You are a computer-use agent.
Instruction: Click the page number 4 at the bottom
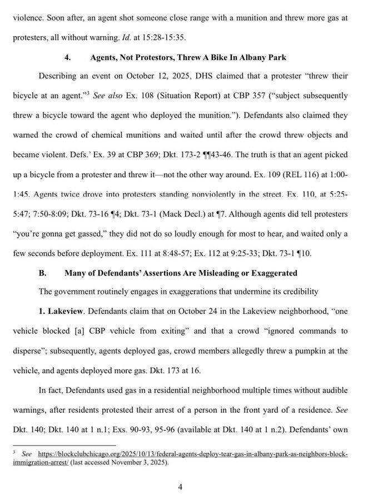point(180,487)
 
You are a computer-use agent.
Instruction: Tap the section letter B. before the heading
point(42,273)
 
